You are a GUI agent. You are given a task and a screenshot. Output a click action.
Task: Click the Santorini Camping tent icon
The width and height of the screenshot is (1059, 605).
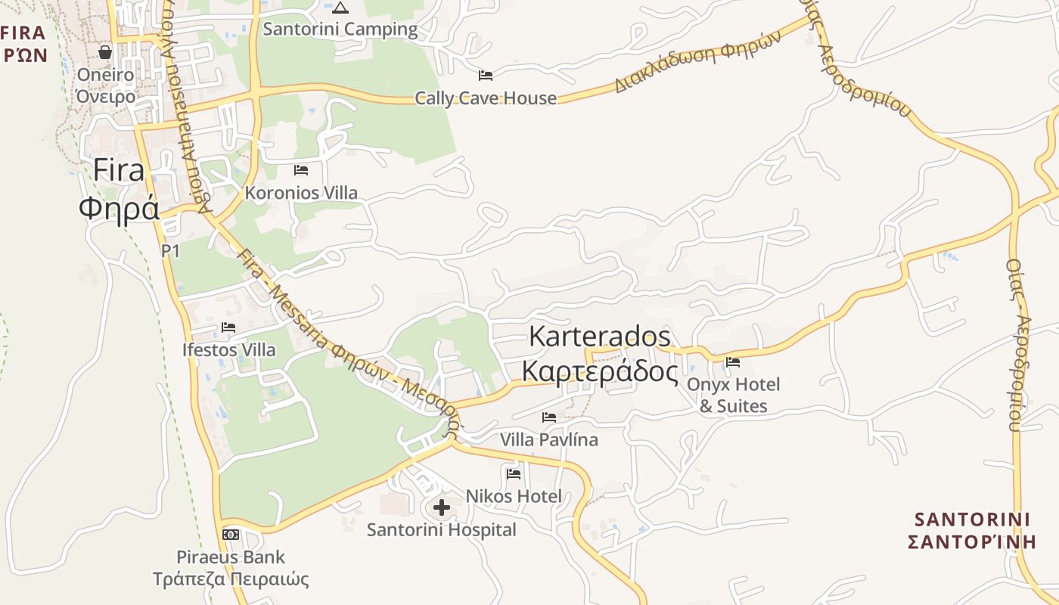(340, 8)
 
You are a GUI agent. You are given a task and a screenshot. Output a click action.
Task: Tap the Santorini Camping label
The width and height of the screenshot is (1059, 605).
(340, 29)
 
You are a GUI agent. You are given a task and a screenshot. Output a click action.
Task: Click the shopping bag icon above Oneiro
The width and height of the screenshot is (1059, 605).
(105, 52)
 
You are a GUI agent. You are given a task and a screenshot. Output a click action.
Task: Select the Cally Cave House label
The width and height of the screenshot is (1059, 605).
(486, 98)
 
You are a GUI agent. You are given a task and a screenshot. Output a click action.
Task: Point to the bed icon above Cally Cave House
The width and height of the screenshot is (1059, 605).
(486, 76)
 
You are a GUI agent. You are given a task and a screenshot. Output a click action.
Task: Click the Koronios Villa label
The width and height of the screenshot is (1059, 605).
(301, 193)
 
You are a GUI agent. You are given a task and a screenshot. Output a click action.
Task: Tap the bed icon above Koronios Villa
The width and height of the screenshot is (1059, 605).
(301, 170)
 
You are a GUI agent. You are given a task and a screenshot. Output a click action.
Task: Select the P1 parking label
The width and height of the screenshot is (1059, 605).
(170, 251)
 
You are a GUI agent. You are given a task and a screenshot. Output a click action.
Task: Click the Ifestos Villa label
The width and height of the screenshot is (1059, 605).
(229, 350)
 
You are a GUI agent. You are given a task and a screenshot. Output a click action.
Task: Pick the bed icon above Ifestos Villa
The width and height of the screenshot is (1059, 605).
(228, 327)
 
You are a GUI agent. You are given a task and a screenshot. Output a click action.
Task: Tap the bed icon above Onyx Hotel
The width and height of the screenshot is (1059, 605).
(733, 362)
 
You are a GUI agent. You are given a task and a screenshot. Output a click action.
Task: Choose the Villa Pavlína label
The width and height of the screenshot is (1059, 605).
(549, 439)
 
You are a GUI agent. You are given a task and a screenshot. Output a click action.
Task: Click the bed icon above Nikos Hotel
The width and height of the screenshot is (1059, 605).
(514, 474)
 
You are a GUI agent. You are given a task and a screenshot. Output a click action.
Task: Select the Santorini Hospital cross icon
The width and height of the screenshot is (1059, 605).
(442, 507)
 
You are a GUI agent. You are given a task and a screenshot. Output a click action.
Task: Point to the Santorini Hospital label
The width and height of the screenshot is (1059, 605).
(442, 530)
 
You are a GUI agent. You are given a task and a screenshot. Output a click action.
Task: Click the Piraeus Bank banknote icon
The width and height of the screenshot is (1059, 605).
(231, 535)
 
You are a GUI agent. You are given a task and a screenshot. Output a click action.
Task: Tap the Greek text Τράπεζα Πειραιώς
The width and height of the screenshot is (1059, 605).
(231, 580)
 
